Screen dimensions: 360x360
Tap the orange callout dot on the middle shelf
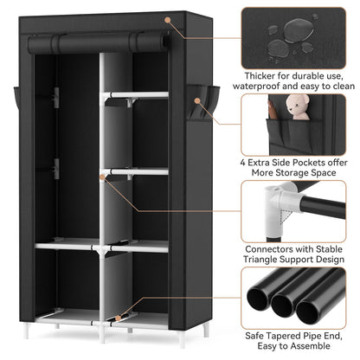(x=103, y=176)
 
